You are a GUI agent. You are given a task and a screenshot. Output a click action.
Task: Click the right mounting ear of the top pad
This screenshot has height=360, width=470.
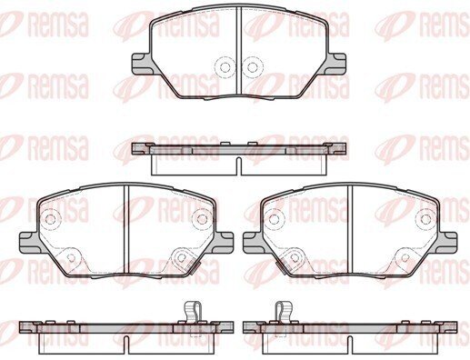point(336,64)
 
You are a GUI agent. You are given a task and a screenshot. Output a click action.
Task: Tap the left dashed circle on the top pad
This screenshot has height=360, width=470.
point(225,67)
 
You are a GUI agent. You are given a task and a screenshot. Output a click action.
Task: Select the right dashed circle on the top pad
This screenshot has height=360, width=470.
point(252,67)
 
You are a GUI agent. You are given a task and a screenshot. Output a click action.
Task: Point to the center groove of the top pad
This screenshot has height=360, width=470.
point(238,50)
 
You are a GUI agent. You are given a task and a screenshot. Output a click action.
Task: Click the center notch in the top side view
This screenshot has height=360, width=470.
point(238,165)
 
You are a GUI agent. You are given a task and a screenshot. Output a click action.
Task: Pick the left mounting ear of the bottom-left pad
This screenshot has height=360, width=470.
point(29,243)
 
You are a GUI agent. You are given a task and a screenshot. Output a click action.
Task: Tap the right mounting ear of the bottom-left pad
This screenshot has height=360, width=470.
point(224,243)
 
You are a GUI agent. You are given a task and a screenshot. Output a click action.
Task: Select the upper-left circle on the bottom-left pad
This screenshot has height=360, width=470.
point(51,219)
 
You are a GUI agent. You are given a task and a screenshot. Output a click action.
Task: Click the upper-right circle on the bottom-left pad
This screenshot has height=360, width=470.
point(202,219)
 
